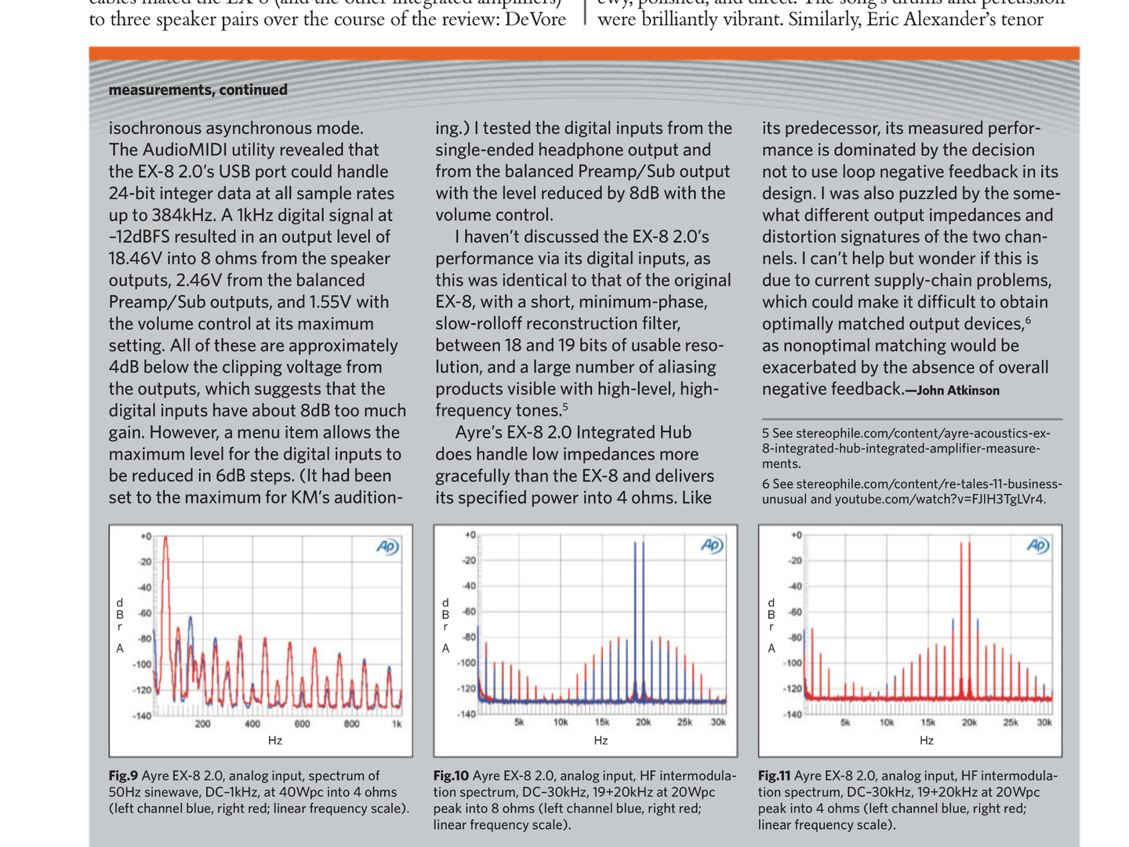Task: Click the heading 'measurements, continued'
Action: (x=198, y=89)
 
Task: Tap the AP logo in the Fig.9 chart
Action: (x=387, y=547)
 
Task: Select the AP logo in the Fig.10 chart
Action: (x=712, y=546)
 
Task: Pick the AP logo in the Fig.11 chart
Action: (x=1038, y=546)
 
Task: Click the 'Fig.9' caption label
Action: (x=123, y=776)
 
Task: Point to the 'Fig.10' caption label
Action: (x=451, y=776)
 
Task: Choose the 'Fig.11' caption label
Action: (x=775, y=776)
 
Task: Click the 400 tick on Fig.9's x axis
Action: (x=252, y=724)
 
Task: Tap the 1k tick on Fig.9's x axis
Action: (x=397, y=724)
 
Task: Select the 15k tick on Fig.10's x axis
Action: (x=602, y=722)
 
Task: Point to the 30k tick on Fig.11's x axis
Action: (x=1044, y=722)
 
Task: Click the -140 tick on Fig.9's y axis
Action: (x=141, y=716)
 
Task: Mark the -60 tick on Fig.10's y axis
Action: (x=468, y=612)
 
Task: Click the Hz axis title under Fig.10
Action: (x=601, y=740)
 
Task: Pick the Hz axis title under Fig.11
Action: (x=927, y=740)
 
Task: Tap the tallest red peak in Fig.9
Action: (x=165, y=540)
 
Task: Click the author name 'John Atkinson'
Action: (x=957, y=391)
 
